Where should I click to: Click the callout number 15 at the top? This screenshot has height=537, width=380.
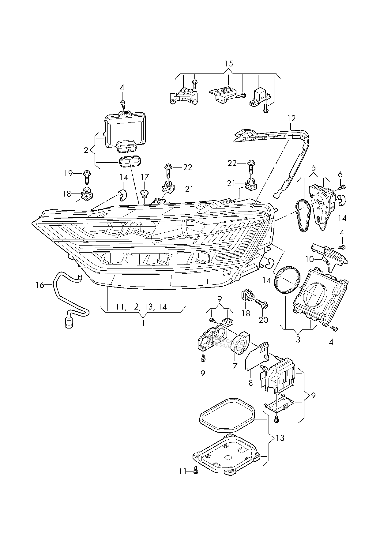(229, 64)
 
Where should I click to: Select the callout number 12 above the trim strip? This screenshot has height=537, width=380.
(291, 118)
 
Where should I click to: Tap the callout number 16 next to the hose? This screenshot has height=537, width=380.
(40, 285)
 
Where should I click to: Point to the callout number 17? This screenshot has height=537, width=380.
(145, 177)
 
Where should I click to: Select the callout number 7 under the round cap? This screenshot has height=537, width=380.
(235, 366)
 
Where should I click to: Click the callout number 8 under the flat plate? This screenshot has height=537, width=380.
(251, 382)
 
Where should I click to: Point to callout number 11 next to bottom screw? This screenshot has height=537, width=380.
(183, 472)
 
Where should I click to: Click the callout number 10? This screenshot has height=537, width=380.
(310, 259)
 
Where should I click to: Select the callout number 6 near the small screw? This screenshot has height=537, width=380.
(340, 175)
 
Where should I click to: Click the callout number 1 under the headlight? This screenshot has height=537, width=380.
(143, 323)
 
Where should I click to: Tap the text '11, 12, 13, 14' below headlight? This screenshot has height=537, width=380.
(141, 306)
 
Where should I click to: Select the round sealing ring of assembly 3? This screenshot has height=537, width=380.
(287, 280)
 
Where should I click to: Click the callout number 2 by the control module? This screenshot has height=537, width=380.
(86, 150)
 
